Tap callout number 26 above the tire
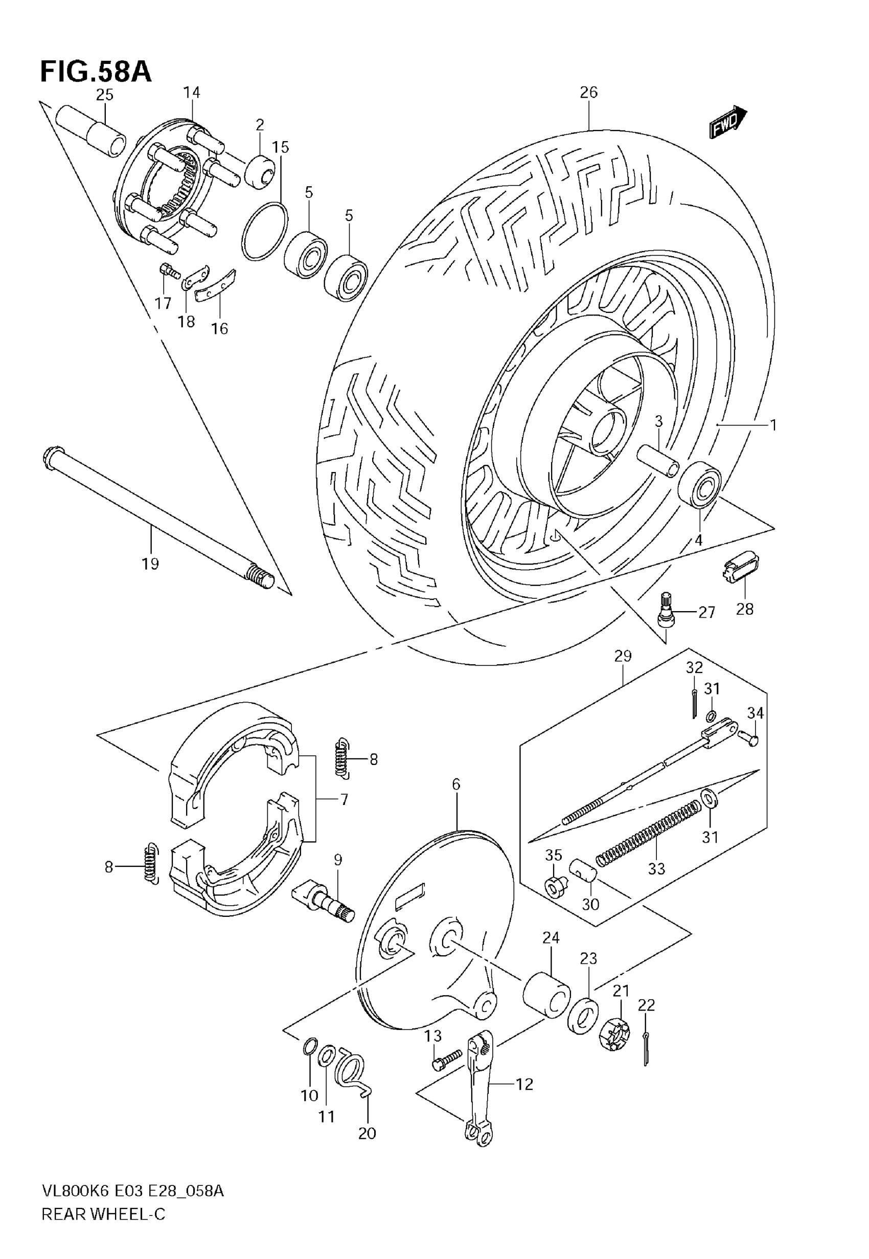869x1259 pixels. pyautogui.click(x=588, y=93)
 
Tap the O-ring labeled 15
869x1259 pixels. pyautogui.click(x=265, y=231)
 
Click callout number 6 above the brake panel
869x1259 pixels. pyautogui.click(x=456, y=784)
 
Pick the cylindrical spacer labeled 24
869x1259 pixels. pyautogui.click(x=546, y=993)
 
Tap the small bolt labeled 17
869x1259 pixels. pyautogui.click(x=169, y=271)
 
